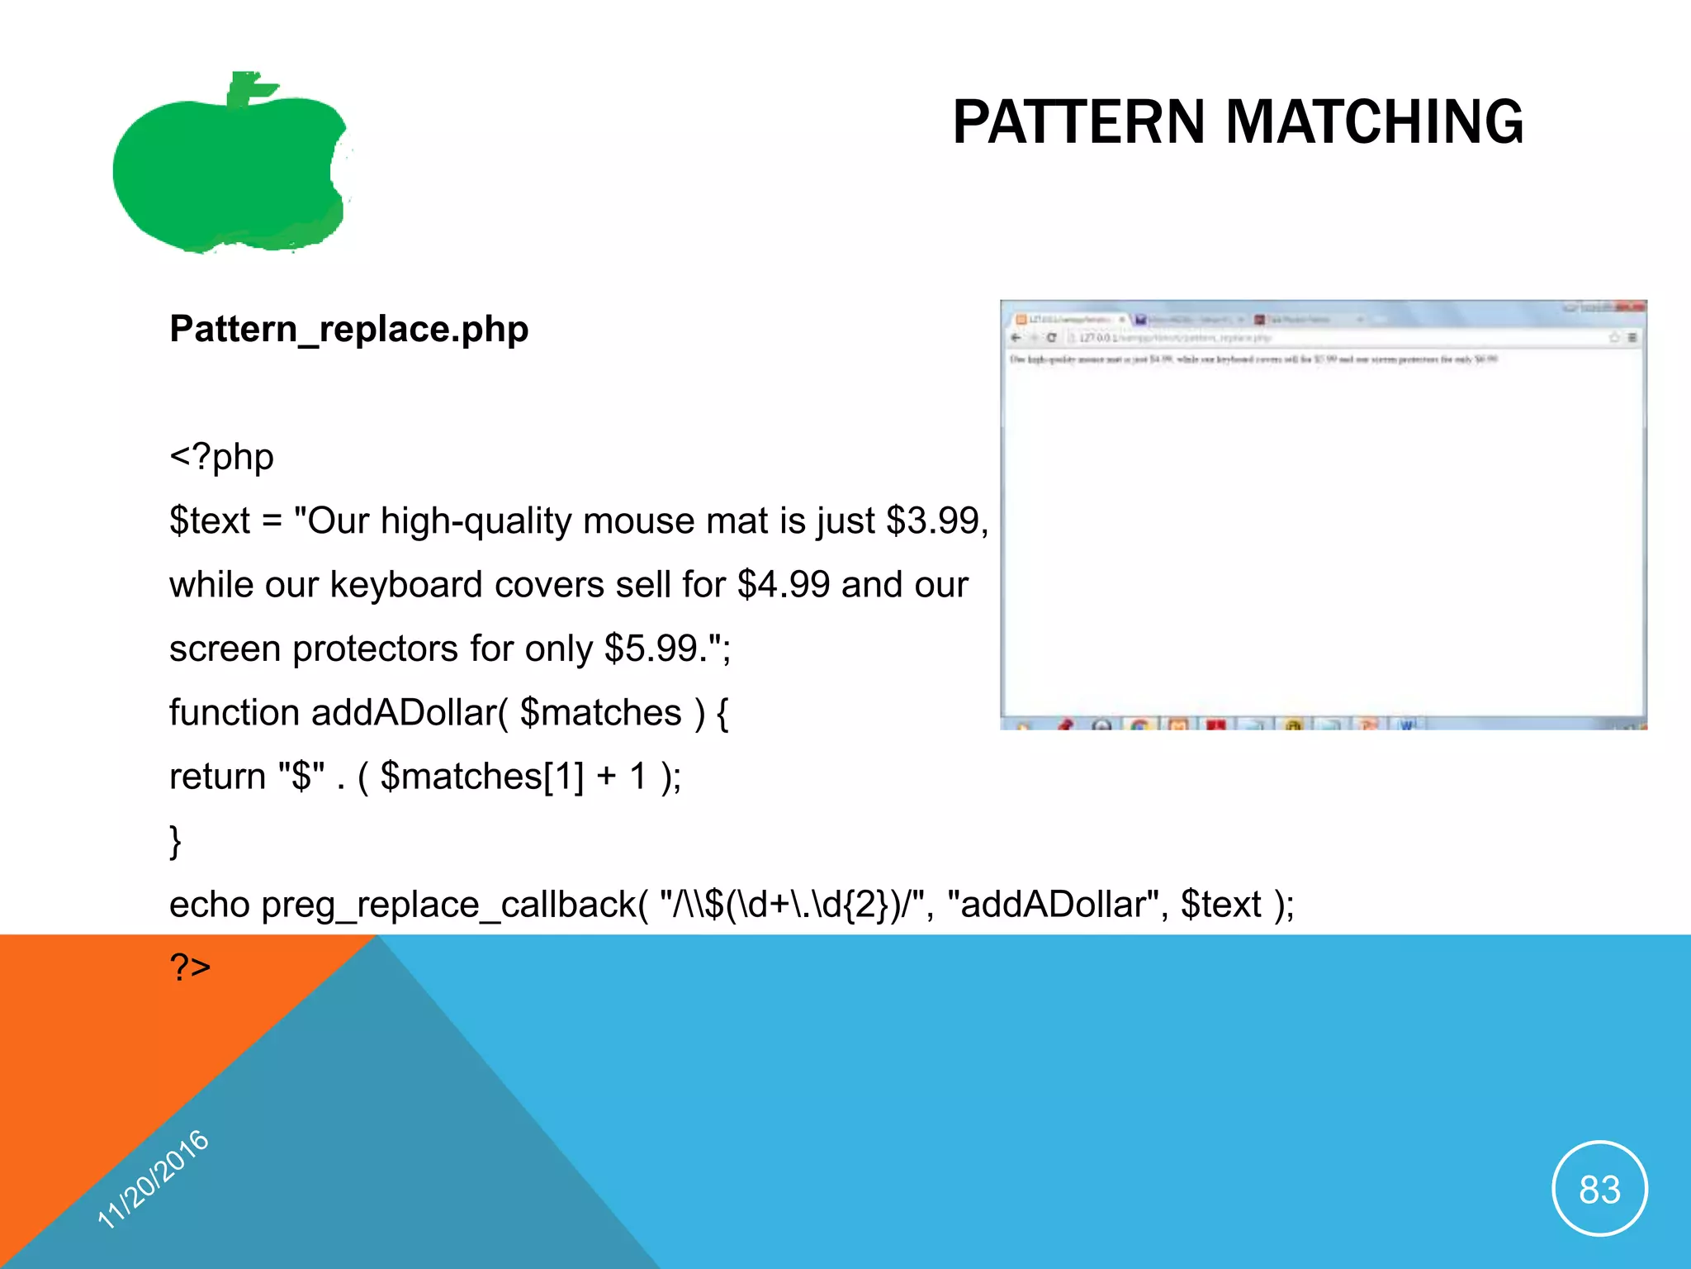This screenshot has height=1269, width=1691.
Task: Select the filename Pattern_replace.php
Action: pyautogui.click(x=348, y=329)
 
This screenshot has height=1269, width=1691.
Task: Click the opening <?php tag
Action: pyautogui.click(x=221, y=457)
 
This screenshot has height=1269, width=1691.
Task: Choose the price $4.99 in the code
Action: pyautogui.click(x=784, y=585)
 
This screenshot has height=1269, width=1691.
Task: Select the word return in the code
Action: pyautogui.click(x=217, y=777)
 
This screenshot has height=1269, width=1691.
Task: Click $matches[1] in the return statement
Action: pyautogui.click(x=481, y=777)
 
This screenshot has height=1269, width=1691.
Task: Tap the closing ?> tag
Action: pyautogui.click(x=190, y=966)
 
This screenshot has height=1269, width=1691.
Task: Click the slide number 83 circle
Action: pyautogui.click(x=1599, y=1189)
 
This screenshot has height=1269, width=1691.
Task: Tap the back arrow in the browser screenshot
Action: pyautogui.click(x=1016, y=338)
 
